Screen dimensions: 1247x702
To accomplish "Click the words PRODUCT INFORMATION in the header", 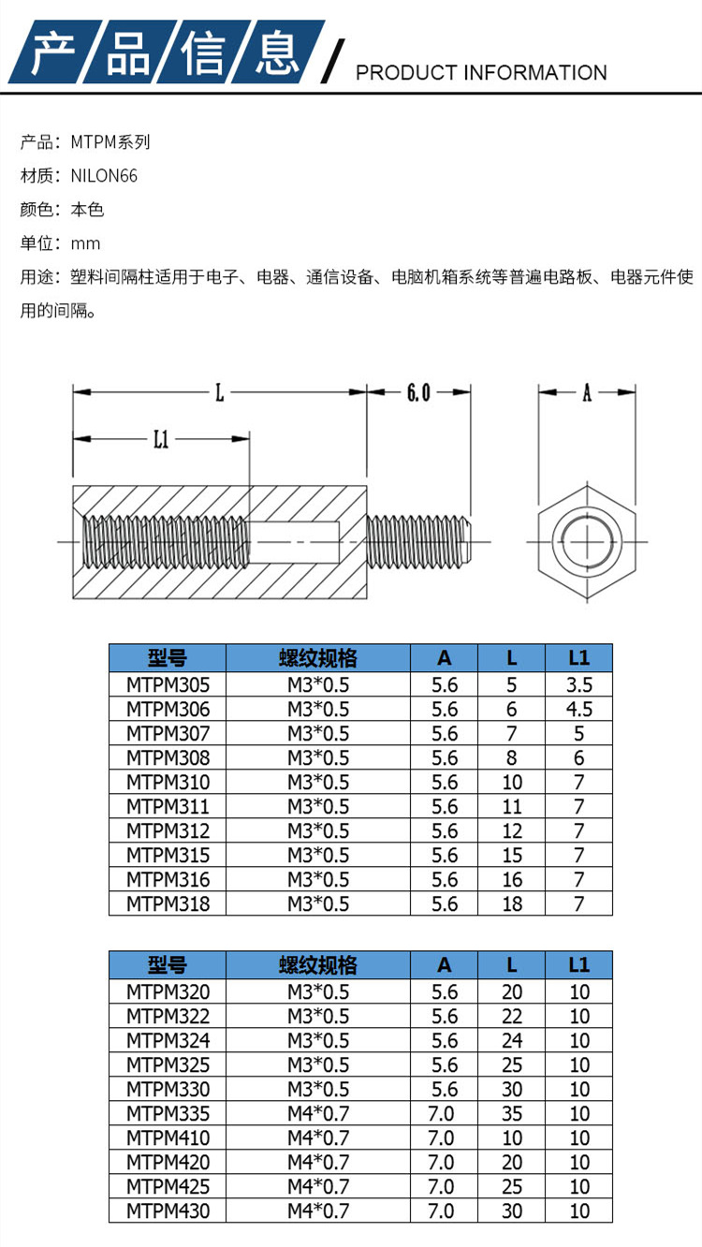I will click(x=481, y=72).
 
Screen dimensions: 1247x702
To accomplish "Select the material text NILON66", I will click(x=104, y=175).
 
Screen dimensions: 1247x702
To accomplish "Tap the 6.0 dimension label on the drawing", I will click(x=417, y=393).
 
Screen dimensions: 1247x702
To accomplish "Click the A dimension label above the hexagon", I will click(x=587, y=393).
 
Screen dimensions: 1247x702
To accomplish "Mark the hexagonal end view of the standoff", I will click(x=586, y=542).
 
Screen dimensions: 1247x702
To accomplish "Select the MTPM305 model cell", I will click(x=168, y=684).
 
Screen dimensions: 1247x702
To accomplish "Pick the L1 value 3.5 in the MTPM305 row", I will click(x=579, y=684).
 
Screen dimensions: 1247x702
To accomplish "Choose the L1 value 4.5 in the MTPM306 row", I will click(x=579, y=709).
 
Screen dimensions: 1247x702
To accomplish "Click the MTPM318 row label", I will click(x=168, y=903).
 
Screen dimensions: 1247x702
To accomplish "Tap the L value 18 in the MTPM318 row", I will click(x=511, y=903).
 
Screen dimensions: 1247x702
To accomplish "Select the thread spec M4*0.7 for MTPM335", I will click(x=317, y=1113).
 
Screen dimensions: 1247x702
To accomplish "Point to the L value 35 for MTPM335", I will click(x=511, y=1113).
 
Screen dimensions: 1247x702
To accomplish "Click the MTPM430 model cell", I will click(x=168, y=1210).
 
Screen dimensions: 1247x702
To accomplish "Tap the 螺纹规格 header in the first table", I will click(x=317, y=657).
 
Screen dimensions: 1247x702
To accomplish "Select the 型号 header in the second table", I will click(x=168, y=964).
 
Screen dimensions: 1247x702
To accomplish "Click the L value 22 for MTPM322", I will click(x=511, y=1016).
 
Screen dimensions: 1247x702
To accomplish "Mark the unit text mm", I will click(x=85, y=243).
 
